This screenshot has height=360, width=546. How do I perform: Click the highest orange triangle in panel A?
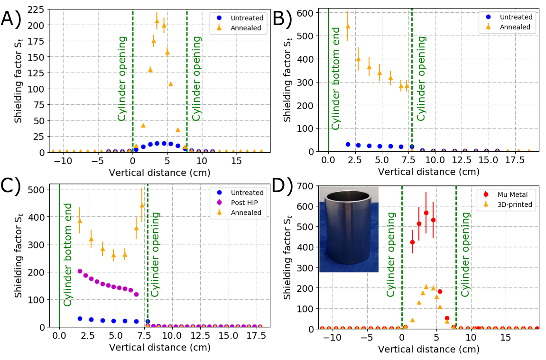(157, 21)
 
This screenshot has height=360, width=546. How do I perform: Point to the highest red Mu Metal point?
(426, 212)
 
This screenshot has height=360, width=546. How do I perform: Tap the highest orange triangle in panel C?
(142, 205)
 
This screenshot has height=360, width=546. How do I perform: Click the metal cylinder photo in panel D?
(348, 229)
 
